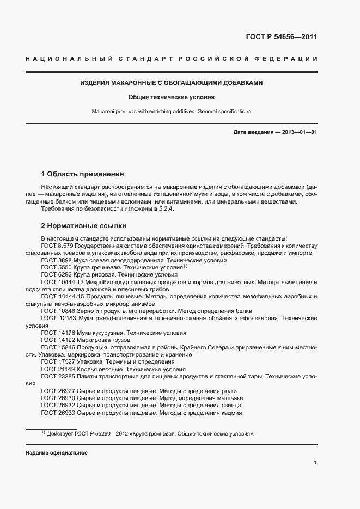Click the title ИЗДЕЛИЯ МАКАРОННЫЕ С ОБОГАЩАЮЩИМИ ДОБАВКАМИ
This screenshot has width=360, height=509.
(x=172, y=83)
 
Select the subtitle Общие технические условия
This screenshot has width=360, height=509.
(x=172, y=97)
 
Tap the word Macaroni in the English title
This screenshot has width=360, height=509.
(x=103, y=111)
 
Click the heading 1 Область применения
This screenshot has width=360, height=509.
(x=82, y=175)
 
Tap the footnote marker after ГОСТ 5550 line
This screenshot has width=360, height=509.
(x=185, y=267)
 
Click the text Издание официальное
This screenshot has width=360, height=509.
(x=56, y=453)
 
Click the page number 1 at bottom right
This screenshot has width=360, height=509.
(x=315, y=463)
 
